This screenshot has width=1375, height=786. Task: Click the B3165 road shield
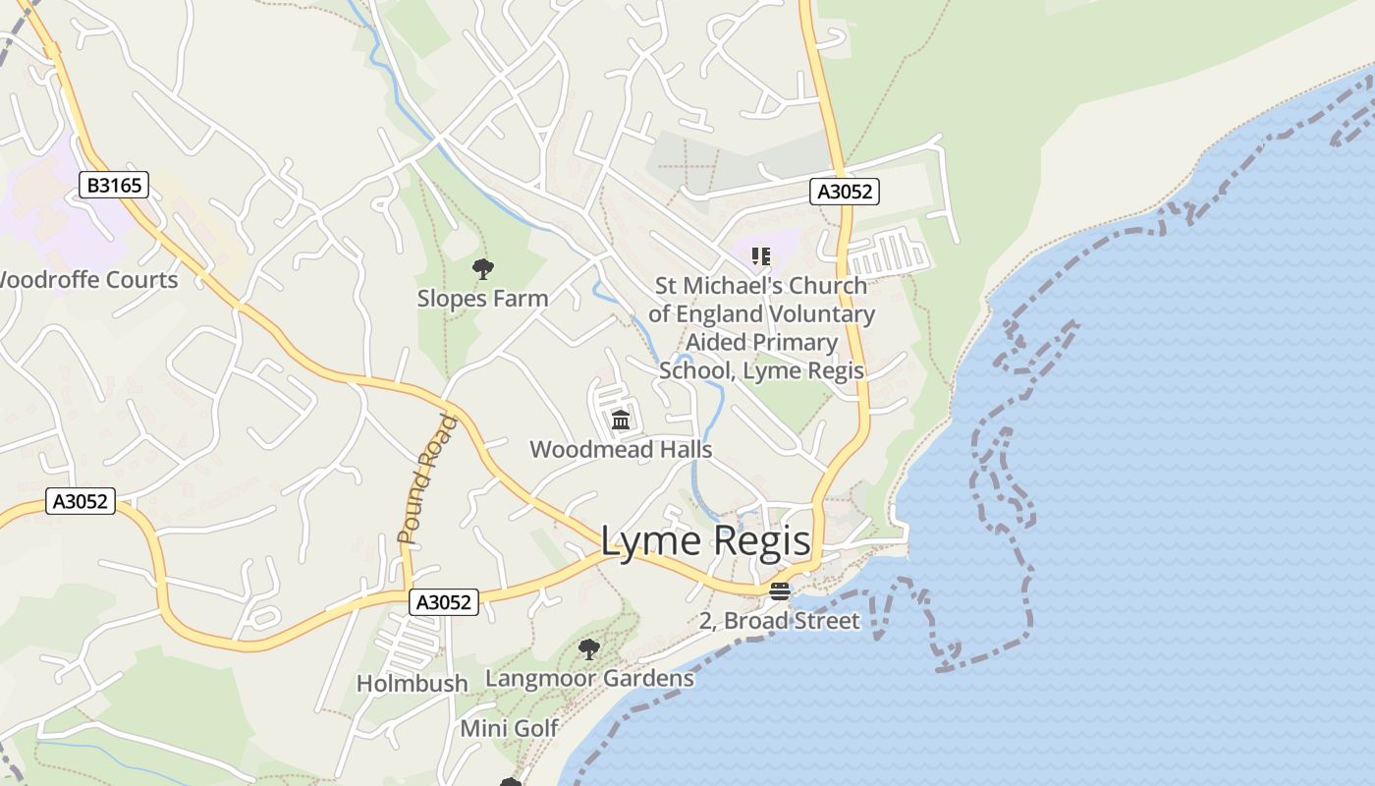click(x=114, y=184)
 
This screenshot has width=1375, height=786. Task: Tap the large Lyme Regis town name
click(x=705, y=541)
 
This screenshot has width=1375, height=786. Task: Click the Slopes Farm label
click(x=482, y=298)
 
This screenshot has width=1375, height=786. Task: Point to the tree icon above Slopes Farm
click(x=482, y=268)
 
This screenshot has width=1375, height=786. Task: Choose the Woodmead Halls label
click(x=621, y=449)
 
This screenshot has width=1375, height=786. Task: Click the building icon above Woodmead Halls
click(x=621, y=421)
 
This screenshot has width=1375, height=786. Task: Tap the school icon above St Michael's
click(x=760, y=256)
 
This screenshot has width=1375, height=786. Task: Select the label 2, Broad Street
click(x=779, y=621)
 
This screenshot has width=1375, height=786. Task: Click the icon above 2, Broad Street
click(x=780, y=591)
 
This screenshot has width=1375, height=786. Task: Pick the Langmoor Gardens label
click(x=589, y=678)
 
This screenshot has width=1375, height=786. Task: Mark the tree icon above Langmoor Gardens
click(x=589, y=648)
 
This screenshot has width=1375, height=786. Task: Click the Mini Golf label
click(x=509, y=729)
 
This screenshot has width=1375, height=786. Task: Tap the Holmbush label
click(x=412, y=683)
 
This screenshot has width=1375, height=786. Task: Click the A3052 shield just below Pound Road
click(x=443, y=602)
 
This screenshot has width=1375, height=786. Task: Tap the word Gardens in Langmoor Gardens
click(x=648, y=678)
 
